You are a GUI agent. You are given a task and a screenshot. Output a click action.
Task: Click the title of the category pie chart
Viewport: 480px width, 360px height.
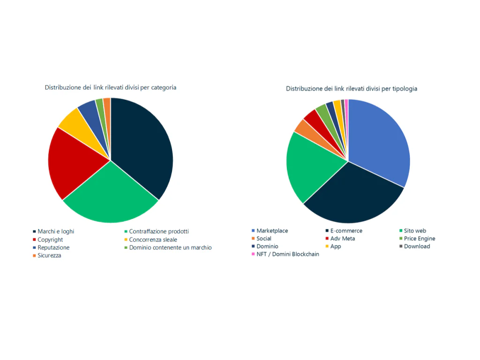(x=110, y=87)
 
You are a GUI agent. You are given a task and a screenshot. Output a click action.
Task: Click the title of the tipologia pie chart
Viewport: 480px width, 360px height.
(x=352, y=88)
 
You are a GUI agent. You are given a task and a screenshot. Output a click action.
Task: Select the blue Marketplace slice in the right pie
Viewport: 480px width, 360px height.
(x=380, y=141)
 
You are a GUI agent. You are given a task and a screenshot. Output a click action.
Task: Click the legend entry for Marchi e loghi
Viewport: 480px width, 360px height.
(x=56, y=232)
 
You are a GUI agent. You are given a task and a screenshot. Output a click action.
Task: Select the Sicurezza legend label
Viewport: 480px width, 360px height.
(x=49, y=255)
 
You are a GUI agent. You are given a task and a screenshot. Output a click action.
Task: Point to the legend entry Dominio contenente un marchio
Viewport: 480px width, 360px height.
(x=170, y=247)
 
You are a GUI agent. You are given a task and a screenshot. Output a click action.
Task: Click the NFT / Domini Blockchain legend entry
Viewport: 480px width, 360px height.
(x=287, y=254)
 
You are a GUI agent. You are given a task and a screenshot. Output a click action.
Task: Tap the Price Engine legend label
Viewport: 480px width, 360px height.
(x=419, y=239)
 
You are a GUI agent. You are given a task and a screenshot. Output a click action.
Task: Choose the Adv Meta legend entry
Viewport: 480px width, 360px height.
(x=342, y=239)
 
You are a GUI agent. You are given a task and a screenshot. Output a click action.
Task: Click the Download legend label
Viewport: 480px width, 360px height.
(x=417, y=247)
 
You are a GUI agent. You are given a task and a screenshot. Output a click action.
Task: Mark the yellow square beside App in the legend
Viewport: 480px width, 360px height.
(x=327, y=247)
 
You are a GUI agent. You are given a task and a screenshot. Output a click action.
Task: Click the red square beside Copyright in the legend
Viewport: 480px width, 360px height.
(x=35, y=240)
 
